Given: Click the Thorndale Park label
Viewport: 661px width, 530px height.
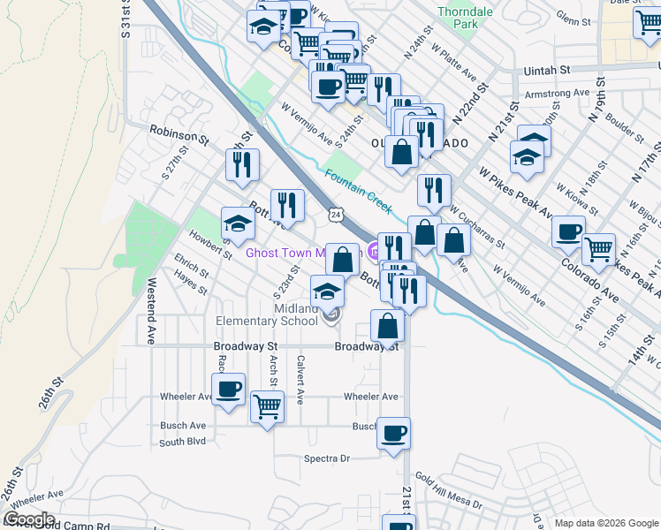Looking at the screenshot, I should [458, 18].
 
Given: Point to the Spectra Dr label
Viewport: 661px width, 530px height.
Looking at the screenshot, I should [327, 458].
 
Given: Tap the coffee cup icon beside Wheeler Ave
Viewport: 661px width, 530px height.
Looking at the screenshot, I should [228, 389].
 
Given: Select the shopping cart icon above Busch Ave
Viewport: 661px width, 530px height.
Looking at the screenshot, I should [267, 406].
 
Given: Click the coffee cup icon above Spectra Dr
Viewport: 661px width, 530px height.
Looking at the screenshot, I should [394, 433].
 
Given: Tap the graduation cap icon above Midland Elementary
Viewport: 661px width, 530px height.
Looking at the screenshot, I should [328, 291].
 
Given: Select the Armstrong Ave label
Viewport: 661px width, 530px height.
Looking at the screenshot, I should [556, 93].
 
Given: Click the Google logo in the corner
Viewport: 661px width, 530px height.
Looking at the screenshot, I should [28, 519].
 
